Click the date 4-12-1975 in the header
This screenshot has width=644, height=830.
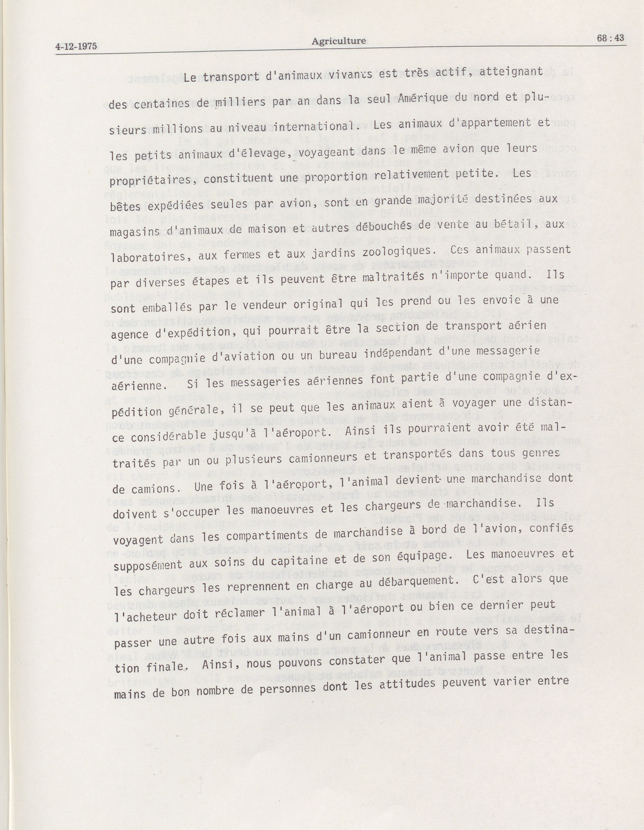[76, 47]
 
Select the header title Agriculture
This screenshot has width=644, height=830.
[338, 41]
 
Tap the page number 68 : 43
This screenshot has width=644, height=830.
[610, 38]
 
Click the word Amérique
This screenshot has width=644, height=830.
[422, 98]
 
